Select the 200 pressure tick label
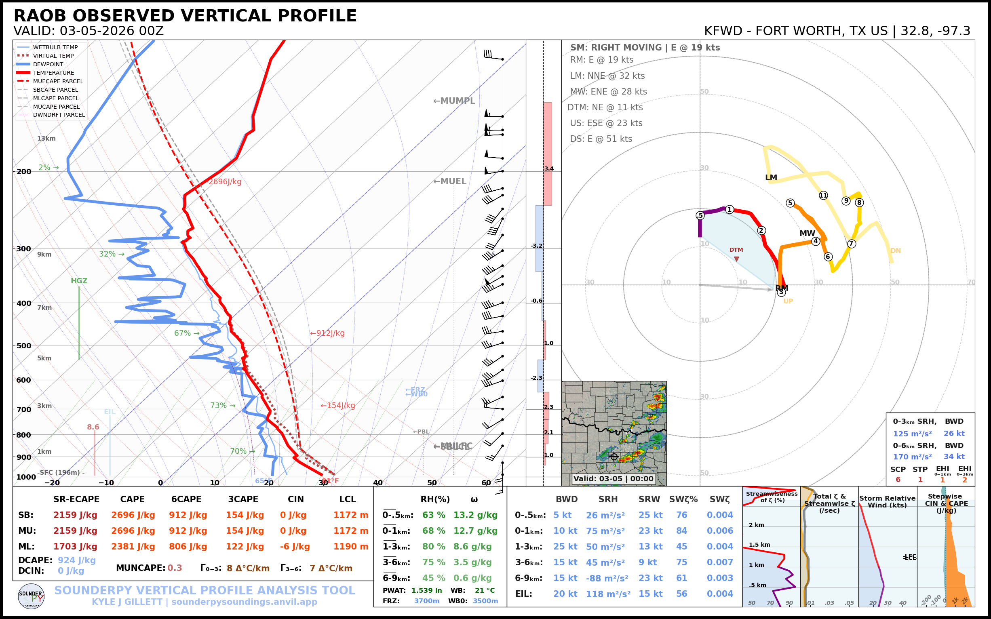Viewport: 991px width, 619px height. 24,172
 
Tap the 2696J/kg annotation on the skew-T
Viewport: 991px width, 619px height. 225,181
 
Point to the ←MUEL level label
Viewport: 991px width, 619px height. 450,181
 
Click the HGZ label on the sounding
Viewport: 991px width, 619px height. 79,281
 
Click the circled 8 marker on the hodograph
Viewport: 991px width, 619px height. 859,202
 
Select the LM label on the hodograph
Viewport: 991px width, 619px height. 771,177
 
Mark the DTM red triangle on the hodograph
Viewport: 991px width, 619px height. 736,259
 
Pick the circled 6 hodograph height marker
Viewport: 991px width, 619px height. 828,257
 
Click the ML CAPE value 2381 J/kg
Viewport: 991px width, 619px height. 133,547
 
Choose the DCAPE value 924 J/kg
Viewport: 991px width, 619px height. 76,560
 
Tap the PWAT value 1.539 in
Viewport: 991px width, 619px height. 427,590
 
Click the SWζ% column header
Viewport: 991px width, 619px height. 683,499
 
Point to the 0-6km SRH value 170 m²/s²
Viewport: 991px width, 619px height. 912,457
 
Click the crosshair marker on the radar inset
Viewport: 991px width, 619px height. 614,456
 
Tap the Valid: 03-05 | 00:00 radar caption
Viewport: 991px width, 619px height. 614,478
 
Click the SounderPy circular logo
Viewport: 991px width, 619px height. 31,596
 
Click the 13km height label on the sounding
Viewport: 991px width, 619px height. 46,138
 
